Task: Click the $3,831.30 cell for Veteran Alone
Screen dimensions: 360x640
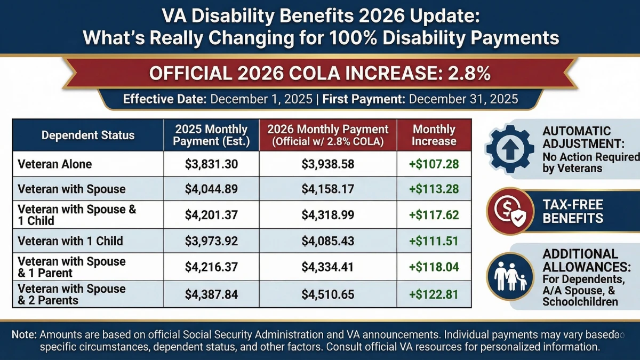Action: click(211, 165)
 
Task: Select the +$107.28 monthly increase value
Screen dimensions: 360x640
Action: click(434, 165)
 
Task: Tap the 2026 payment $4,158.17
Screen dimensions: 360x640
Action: click(327, 189)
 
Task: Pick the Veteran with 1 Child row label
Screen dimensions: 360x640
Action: click(70, 241)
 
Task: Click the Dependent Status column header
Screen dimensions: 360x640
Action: click(88, 135)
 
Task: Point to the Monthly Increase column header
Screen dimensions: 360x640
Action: click(434, 135)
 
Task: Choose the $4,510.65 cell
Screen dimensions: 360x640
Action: click(327, 294)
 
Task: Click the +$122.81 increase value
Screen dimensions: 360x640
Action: click(434, 294)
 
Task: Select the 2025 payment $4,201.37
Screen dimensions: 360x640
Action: click(211, 215)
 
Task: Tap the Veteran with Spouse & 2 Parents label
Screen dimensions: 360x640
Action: click(71, 294)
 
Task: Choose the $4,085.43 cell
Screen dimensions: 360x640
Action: click(327, 241)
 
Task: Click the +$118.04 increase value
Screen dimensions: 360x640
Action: click(434, 267)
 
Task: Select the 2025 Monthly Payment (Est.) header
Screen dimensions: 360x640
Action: click(211, 135)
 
